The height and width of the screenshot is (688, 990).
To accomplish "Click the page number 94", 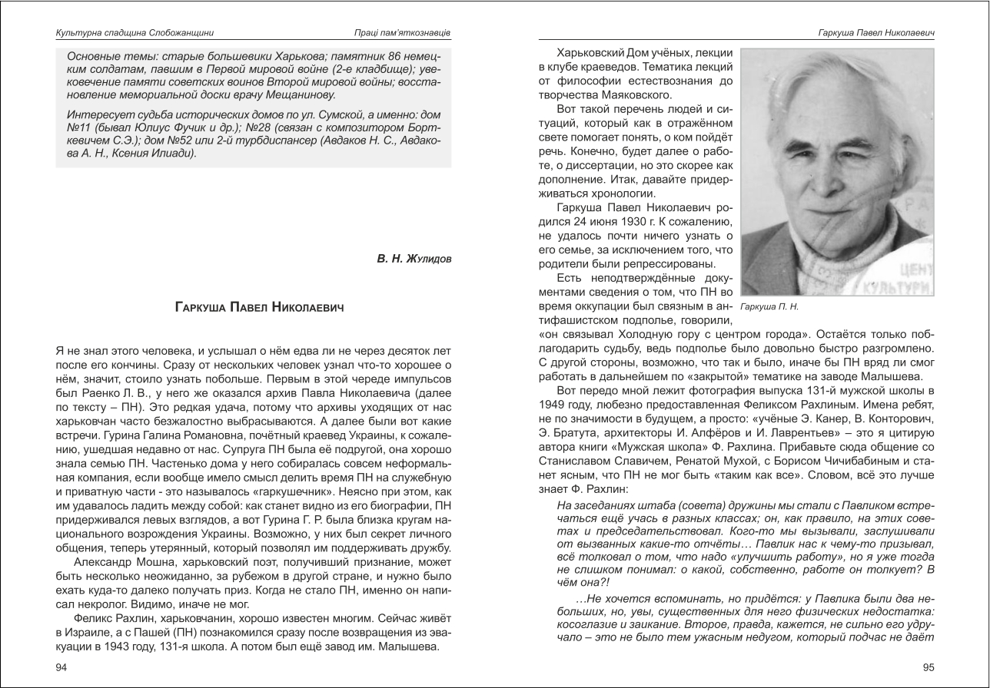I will tap(62, 667).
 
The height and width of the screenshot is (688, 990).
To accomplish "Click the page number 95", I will tap(928, 667).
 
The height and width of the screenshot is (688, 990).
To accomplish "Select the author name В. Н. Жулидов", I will tap(414, 259).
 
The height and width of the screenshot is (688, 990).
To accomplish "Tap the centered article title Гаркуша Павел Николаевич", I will tap(259, 307).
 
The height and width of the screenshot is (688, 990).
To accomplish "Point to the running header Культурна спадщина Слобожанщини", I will tap(135, 33).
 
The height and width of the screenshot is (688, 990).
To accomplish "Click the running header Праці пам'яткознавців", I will tap(397, 33).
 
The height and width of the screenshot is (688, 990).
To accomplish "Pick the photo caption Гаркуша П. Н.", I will tap(770, 306).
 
